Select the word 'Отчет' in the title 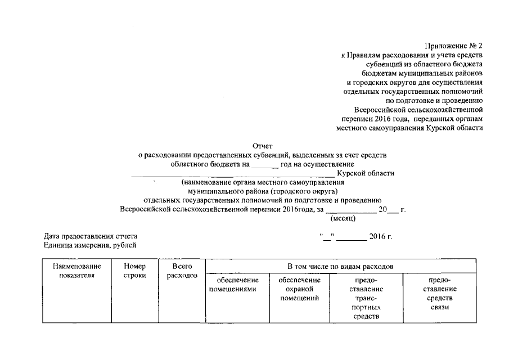[x=263, y=146]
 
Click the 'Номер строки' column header [x=134, y=271]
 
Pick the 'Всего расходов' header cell [x=182, y=271]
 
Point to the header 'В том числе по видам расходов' [x=340, y=265]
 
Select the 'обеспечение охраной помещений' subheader [x=299, y=289]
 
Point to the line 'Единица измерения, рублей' [x=89, y=245]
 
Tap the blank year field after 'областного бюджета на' [x=264, y=164]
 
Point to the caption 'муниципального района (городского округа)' [x=263, y=191]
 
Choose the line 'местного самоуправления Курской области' [x=409, y=128]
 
